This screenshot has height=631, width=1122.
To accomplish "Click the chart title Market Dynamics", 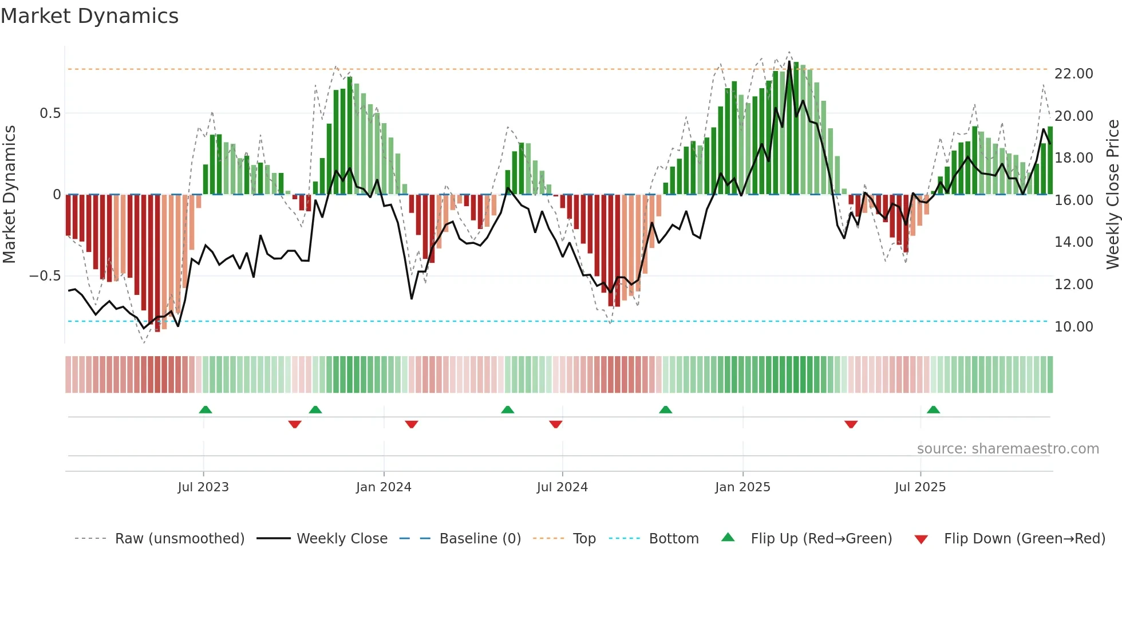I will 89,16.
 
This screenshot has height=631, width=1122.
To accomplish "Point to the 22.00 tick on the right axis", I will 1073,74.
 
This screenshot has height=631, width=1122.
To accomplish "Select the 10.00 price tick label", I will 1073,327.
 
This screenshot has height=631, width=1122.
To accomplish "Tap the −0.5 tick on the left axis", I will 45,276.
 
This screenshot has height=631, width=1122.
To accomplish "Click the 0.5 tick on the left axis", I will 50,113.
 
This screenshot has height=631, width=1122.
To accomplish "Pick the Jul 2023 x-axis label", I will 203,487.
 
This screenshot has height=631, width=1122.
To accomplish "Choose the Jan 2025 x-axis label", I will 742,487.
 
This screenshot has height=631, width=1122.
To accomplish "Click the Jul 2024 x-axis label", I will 562,487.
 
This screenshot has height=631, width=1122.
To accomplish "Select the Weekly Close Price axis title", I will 1112,195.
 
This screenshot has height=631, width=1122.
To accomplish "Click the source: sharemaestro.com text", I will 1008,449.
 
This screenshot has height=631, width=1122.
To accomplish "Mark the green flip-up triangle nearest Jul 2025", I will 933,410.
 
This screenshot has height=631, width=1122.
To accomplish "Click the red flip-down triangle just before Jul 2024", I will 555,424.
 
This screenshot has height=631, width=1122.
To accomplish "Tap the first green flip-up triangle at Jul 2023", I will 206,410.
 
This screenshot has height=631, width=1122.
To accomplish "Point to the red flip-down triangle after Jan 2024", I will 411,424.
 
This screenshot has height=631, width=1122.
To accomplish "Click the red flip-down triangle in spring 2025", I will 851,424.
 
